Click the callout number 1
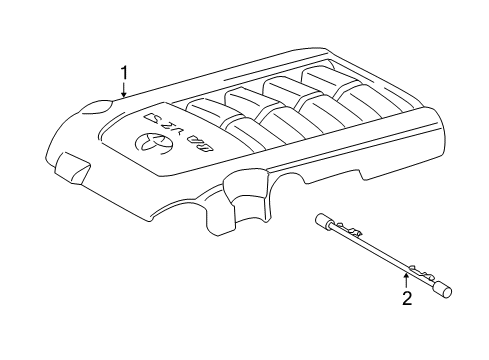(124, 72)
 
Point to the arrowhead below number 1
(124, 96)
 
